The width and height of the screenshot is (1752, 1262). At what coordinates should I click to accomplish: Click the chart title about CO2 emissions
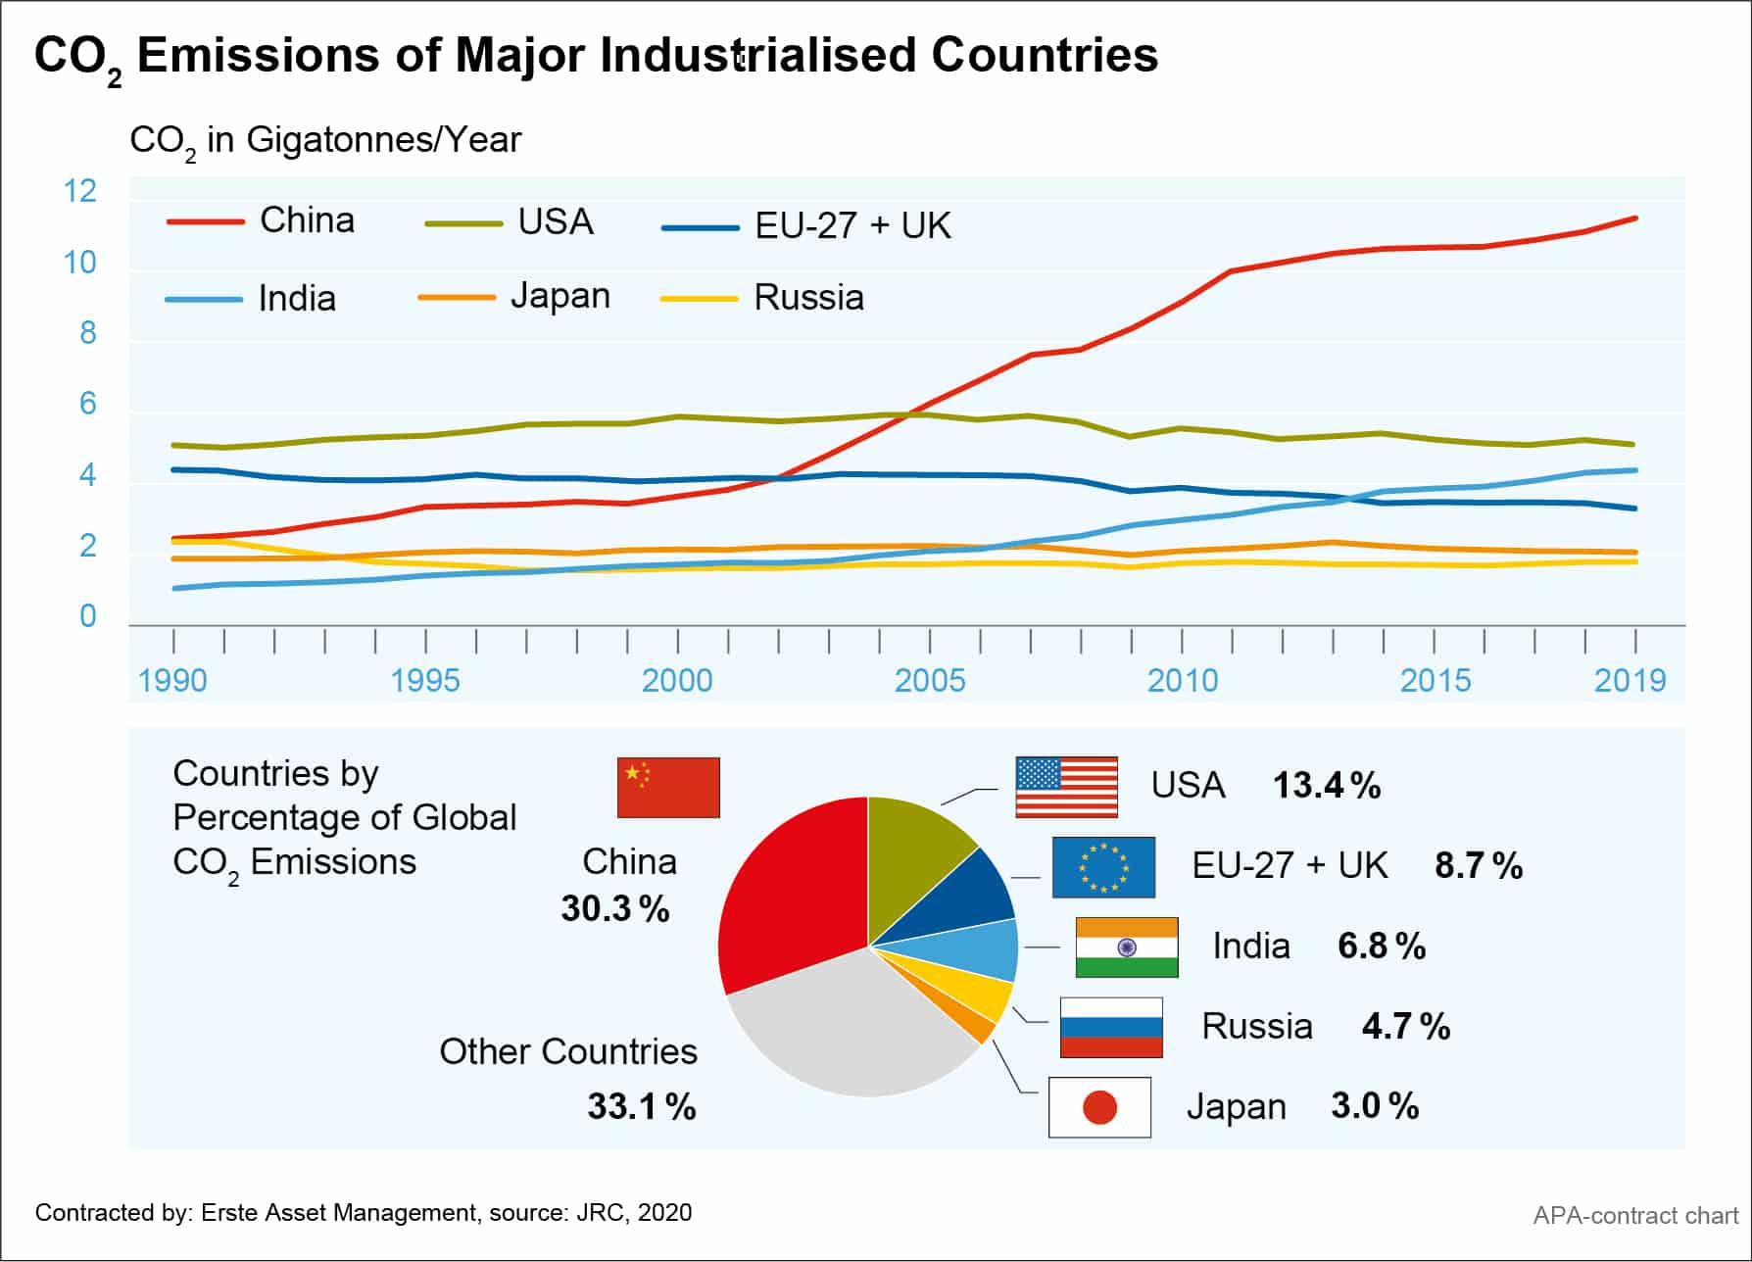click(596, 56)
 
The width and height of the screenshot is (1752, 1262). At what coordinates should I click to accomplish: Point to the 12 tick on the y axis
click(80, 191)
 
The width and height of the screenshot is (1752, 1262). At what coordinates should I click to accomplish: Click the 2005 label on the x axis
click(929, 680)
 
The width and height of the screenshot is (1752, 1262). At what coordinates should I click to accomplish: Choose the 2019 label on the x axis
click(1630, 680)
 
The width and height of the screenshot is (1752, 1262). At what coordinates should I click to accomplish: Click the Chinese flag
click(668, 787)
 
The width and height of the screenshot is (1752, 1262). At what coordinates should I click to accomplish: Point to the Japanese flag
click(1099, 1107)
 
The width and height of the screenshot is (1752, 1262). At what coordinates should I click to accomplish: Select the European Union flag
click(1103, 867)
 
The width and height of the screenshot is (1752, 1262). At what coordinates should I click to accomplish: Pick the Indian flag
click(1127, 947)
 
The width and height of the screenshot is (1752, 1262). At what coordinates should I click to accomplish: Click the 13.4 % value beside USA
click(1326, 786)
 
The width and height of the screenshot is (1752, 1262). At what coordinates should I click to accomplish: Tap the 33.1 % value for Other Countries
click(642, 1107)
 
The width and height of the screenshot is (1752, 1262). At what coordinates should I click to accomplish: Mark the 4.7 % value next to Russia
click(1405, 1027)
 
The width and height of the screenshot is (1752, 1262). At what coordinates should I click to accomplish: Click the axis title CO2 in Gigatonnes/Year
click(325, 141)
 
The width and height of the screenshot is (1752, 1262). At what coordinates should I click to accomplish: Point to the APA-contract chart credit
click(1634, 1216)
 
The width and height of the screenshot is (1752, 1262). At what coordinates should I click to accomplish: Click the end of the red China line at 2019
click(1634, 218)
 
